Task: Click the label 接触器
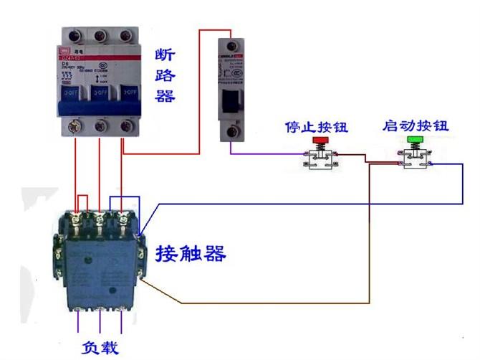click(191, 253)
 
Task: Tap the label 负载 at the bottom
click(99, 348)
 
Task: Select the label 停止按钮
click(316, 128)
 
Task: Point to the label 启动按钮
click(416, 125)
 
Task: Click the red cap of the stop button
click(320, 140)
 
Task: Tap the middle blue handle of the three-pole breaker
click(101, 93)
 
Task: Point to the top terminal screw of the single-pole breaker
click(231, 44)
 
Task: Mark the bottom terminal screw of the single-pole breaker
click(231, 132)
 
